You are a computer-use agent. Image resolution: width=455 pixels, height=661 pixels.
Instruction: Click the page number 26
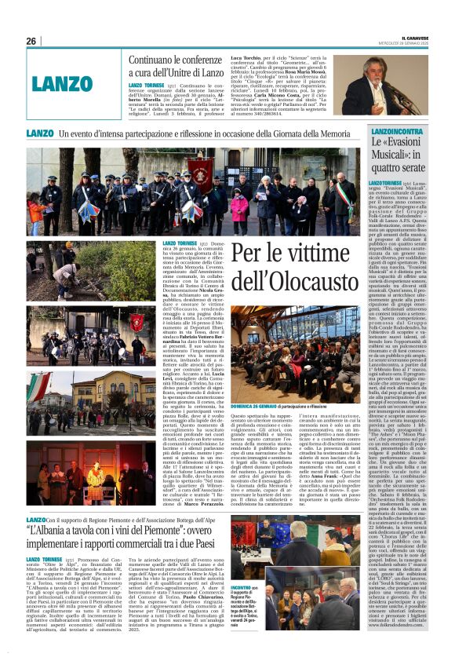click(x=31, y=42)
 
